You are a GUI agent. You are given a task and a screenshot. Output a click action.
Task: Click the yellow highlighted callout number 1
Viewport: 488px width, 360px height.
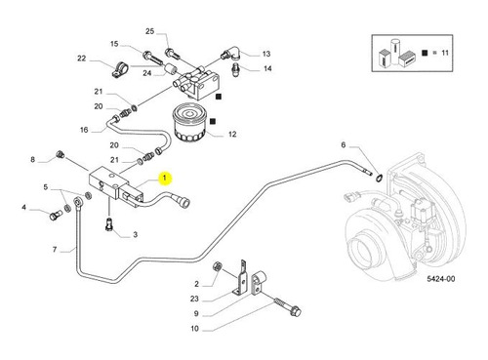(165, 178)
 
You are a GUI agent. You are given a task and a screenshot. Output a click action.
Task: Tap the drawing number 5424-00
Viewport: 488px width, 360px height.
(441, 279)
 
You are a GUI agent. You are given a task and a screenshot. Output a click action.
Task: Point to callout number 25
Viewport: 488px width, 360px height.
(149, 31)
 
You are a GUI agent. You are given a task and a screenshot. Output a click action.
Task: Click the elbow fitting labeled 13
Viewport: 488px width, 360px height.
(232, 54)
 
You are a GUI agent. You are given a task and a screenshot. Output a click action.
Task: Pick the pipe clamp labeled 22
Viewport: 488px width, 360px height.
(119, 69)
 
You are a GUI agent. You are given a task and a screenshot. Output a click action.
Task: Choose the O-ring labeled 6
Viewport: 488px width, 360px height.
(379, 178)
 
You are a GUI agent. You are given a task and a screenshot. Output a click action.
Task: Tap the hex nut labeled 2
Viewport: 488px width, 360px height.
(217, 266)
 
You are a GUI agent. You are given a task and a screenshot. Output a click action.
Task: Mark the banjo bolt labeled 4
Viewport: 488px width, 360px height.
(56, 215)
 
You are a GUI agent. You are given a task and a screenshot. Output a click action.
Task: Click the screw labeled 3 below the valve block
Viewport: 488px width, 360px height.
(109, 225)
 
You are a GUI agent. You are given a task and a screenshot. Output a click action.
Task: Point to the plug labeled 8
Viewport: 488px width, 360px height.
(60, 154)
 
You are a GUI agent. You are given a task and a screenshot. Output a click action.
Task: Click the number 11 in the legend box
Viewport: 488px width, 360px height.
(445, 53)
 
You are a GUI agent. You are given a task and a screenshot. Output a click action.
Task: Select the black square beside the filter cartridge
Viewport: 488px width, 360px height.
(213, 121)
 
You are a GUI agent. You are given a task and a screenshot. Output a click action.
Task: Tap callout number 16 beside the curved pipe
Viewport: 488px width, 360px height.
(84, 130)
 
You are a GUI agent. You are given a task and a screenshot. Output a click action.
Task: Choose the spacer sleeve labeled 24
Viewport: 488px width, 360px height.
(170, 70)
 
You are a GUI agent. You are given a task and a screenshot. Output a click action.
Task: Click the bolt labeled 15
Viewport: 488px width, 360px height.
(153, 59)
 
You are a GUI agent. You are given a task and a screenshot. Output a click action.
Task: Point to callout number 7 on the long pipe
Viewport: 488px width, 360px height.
(55, 250)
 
